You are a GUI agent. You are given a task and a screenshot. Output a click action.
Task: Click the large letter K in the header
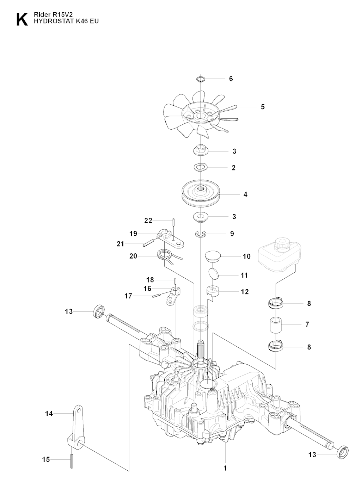coord(21,20)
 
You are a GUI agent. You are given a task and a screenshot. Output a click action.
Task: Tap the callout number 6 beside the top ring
coord(231,79)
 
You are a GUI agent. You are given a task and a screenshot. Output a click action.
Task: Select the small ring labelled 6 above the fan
coord(200,78)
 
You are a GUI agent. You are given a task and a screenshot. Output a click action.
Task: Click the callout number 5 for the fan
coord(263,107)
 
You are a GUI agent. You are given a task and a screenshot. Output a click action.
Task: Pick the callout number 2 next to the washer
coord(234,168)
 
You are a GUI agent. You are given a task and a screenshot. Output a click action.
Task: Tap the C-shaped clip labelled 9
coord(201,234)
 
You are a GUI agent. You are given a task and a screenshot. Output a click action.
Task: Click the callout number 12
coord(244,292)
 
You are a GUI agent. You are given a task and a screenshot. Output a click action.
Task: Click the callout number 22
coord(148,221)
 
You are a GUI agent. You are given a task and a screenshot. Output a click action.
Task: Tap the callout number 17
coord(128,296)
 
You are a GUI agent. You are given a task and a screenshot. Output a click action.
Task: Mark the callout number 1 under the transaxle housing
coord(225,468)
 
